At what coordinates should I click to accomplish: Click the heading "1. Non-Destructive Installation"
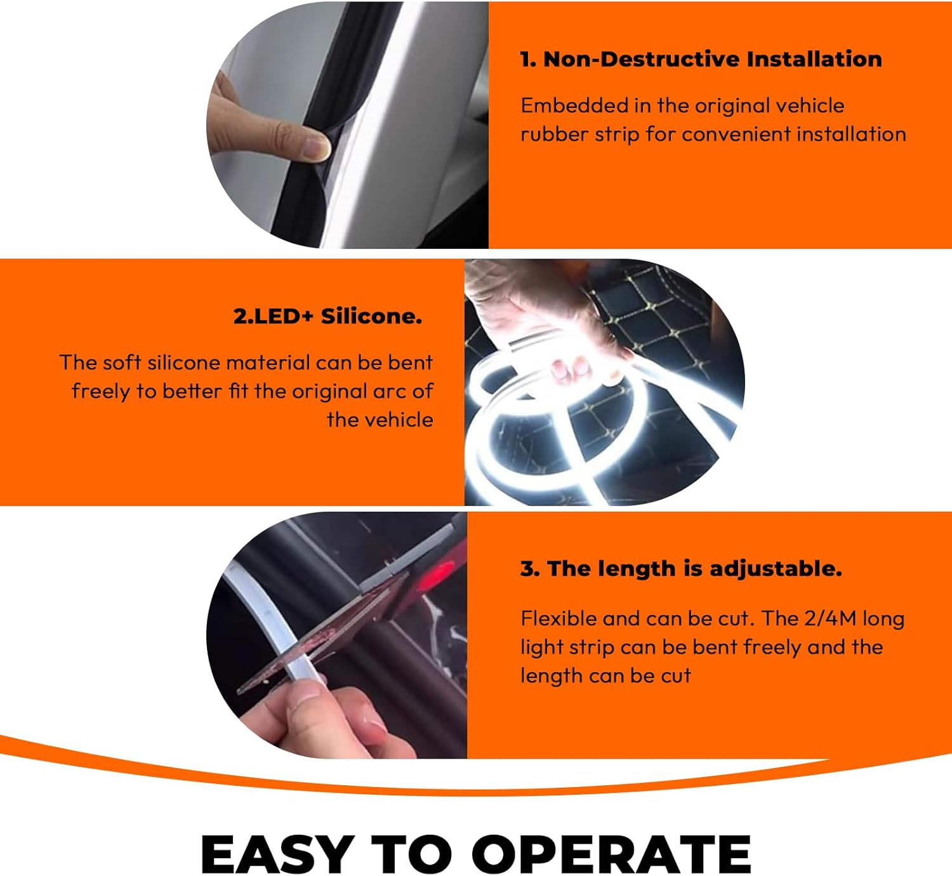click(x=701, y=59)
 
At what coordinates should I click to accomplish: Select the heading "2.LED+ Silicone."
click(x=327, y=315)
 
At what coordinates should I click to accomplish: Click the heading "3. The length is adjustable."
click(x=681, y=568)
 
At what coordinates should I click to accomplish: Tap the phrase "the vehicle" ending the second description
click(x=380, y=420)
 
